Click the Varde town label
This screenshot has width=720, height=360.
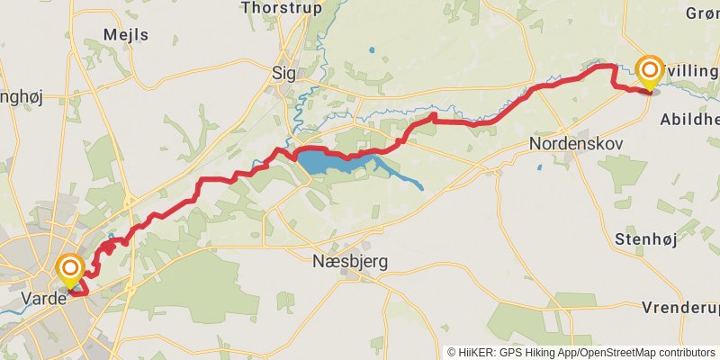tap(44, 298)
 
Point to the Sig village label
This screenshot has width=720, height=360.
tap(283, 76)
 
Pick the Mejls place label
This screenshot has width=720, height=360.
tap(126, 35)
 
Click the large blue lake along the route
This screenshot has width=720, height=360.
tap(319, 163)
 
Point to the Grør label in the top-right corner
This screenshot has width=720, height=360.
tap(702, 13)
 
